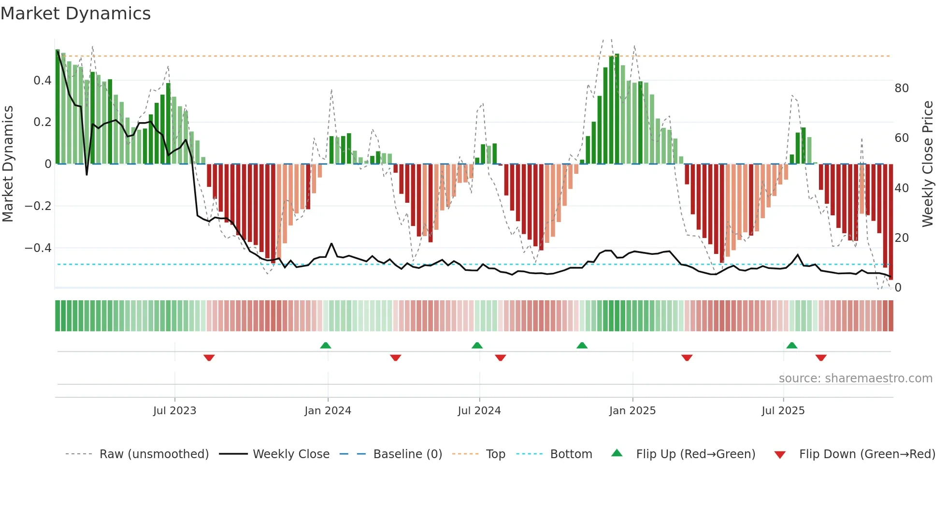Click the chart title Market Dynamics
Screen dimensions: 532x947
pos(75,14)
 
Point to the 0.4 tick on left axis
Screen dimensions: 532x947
pos(42,81)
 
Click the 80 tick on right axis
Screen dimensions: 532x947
pos(902,88)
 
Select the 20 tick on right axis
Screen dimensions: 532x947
pos(902,238)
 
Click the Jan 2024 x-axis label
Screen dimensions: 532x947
pos(328,411)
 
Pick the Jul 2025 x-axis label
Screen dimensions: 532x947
pos(783,411)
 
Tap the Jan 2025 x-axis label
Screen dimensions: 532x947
pos(632,411)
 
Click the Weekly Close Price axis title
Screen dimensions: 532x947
pos(928,164)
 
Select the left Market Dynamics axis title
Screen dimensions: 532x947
pos(8,164)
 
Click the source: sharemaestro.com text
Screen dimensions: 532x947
pos(855,378)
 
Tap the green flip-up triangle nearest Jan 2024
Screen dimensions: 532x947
pos(326,345)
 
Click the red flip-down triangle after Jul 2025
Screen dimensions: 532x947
pos(821,358)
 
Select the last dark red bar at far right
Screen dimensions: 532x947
pos(891,222)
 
